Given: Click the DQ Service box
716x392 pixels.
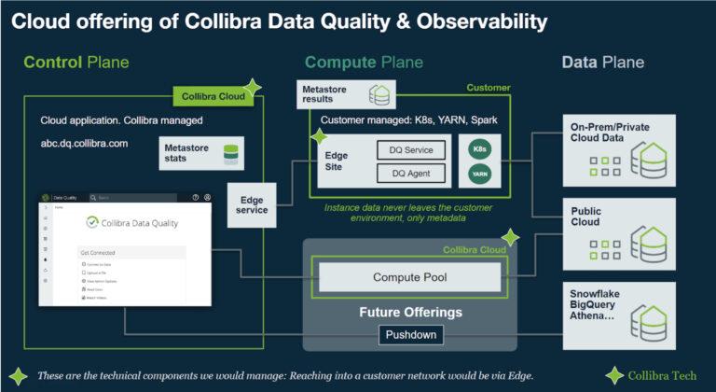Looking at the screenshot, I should click(411, 149).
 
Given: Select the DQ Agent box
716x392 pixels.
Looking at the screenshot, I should click(411, 173).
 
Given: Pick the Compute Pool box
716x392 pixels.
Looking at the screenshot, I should click(409, 277).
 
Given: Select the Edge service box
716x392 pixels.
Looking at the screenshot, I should click(252, 204).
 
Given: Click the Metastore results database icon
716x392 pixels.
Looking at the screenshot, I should click(379, 94).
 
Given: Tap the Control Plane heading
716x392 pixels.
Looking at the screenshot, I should click(76, 63).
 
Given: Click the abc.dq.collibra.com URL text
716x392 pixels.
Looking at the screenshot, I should click(84, 144).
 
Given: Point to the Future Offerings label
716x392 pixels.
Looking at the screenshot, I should click(409, 312).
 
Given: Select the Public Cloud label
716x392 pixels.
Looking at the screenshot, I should click(586, 217).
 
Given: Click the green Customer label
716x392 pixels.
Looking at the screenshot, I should click(489, 88).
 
